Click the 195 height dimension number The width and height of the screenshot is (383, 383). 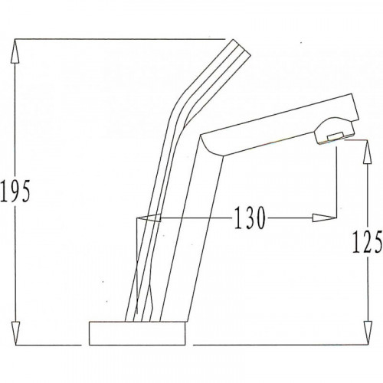(x=15, y=191)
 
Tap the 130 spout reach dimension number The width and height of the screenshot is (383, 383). (x=250, y=218)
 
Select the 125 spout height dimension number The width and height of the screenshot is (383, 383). (x=367, y=241)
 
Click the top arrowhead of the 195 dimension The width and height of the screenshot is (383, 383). (x=15, y=51)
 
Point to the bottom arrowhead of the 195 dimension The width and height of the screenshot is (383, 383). (x=15, y=333)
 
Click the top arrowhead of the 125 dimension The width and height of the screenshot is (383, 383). (x=367, y=152)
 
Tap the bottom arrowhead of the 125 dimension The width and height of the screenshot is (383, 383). (x=368, y=332)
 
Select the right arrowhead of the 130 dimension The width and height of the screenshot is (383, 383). (x=324, y=218)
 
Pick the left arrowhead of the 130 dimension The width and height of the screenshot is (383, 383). (x=149, y=218)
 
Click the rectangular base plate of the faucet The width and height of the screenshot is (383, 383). (x=137, y=333)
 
